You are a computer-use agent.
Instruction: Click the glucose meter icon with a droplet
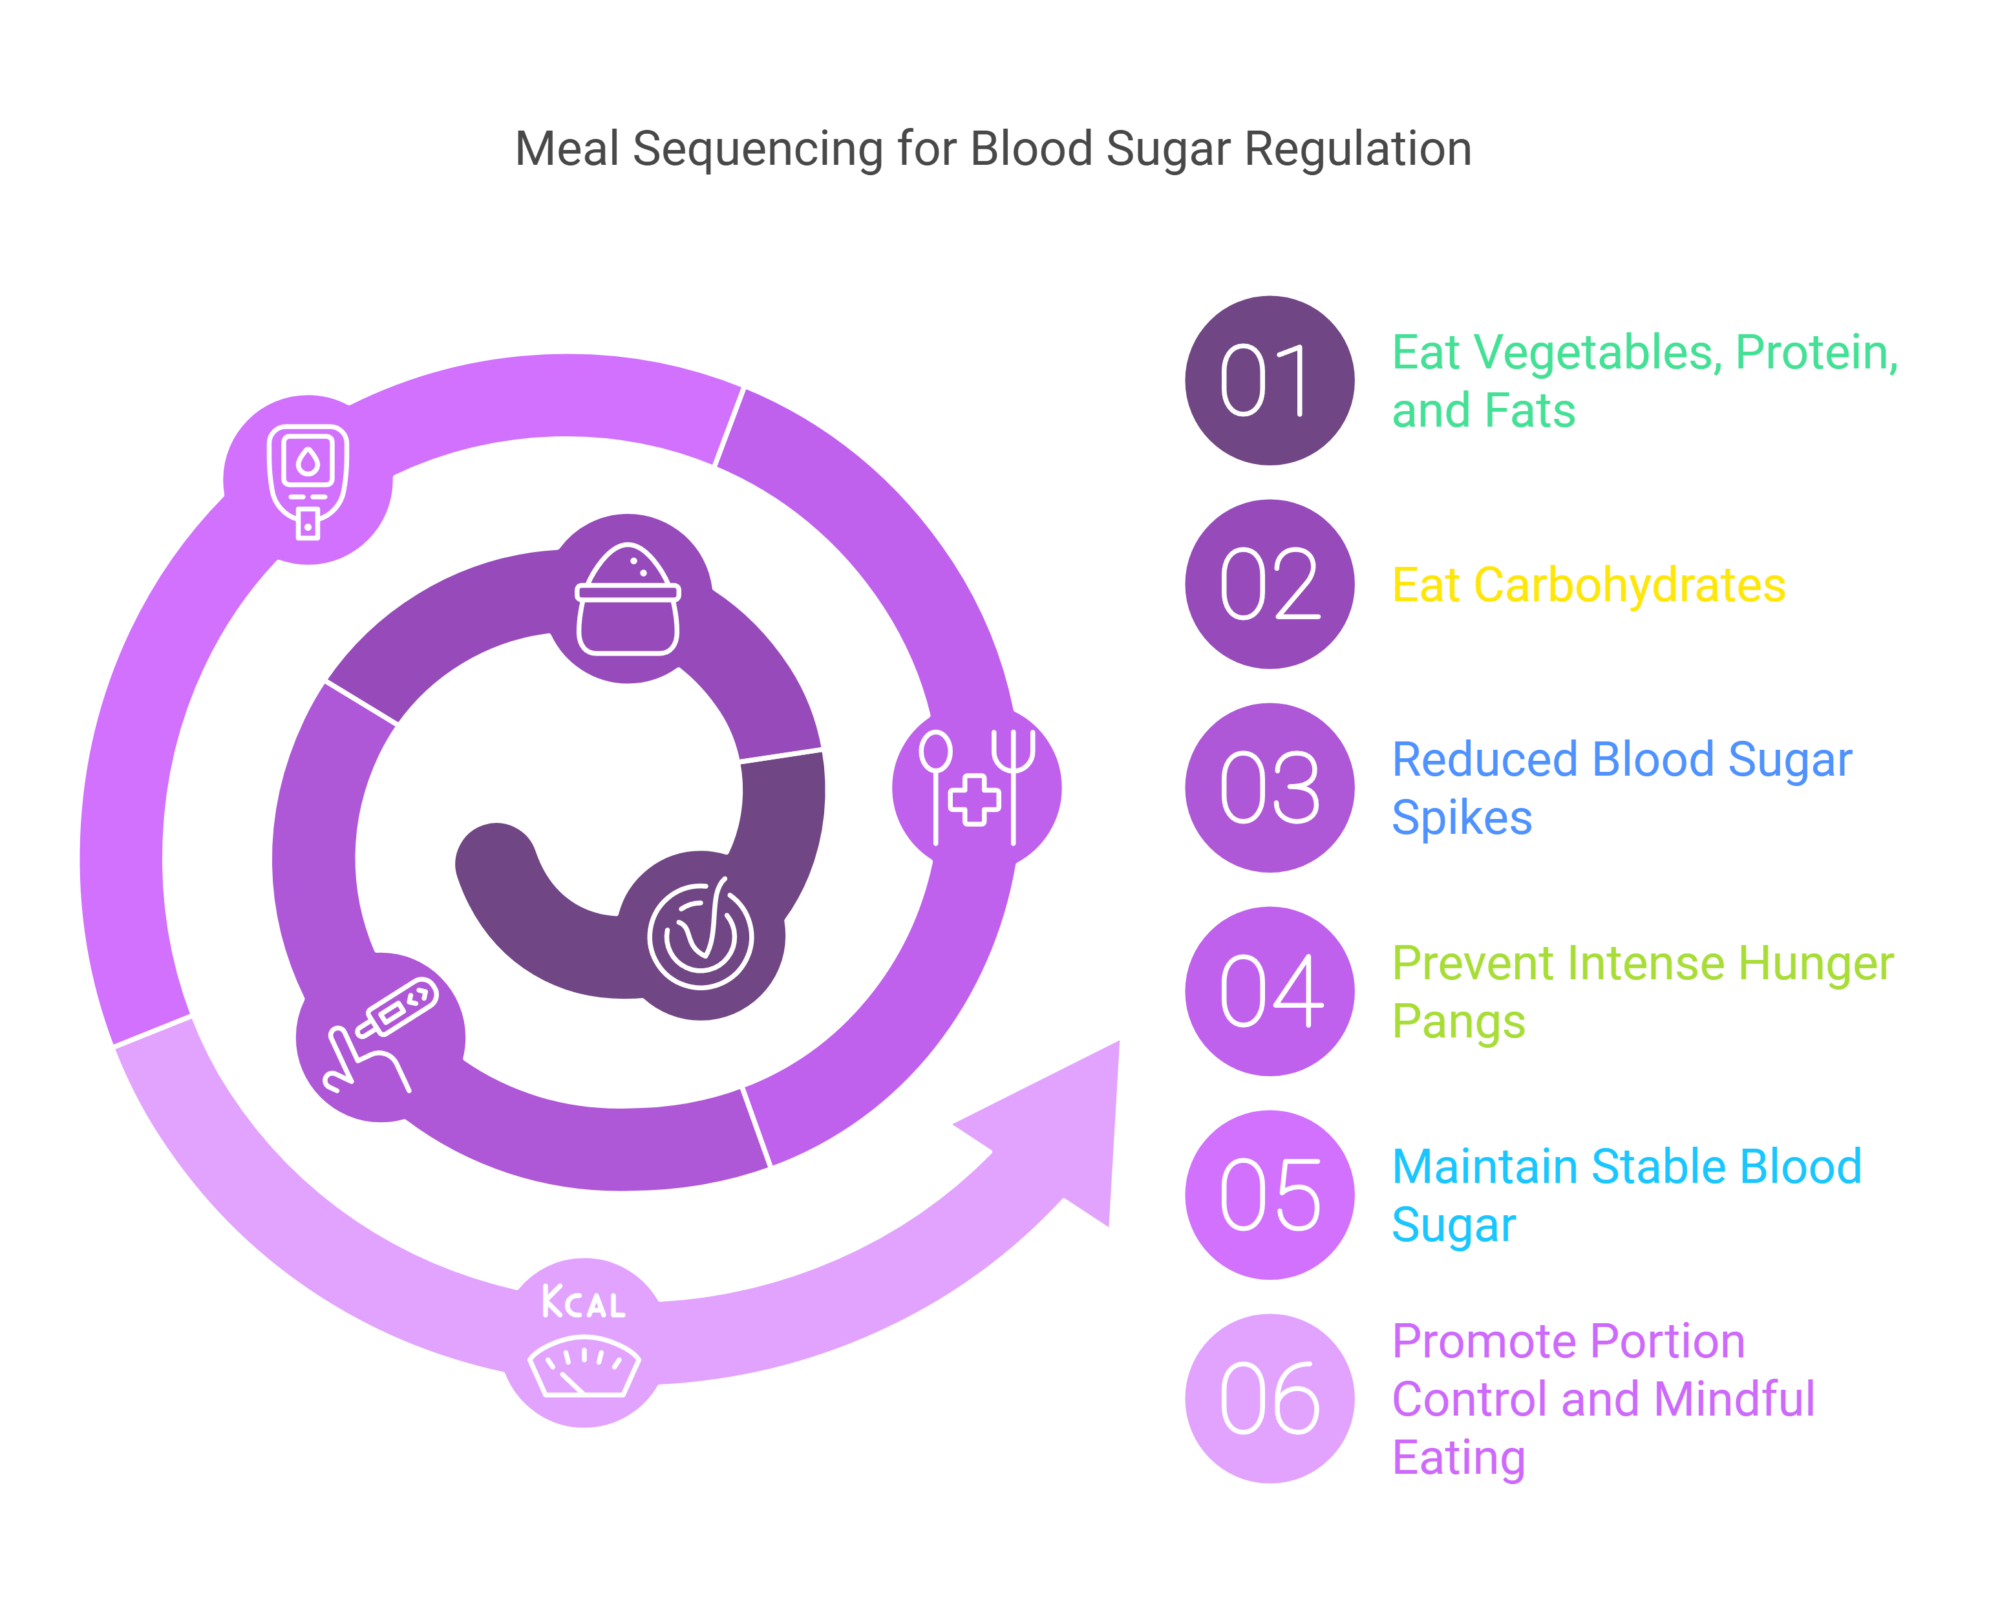pos(308,480)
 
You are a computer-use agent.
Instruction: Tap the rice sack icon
pos(628,599)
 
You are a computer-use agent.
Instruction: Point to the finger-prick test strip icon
pos(380,1034)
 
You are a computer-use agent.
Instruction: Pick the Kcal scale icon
pos(584,1340)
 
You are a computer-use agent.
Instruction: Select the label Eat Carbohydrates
pos(1588,586)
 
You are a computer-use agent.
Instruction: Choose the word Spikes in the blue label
pos(1462,818)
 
